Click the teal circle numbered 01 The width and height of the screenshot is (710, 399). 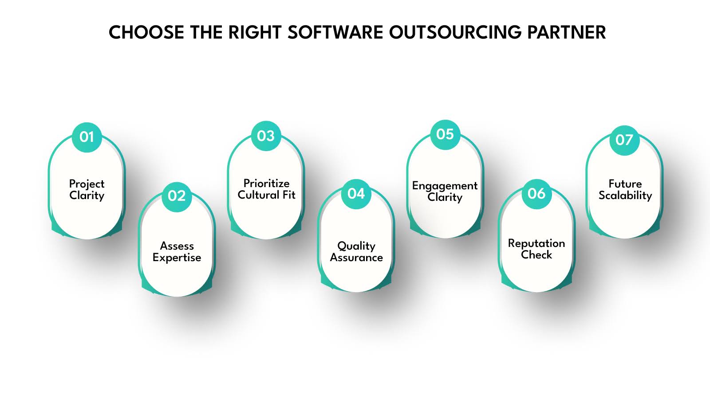pos(87,137)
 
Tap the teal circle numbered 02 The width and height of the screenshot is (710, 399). pos(177,196)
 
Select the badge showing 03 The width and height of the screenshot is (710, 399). pos(266,136)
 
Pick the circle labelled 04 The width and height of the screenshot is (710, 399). pos(356,194)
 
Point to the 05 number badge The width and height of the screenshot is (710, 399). pos(445,134)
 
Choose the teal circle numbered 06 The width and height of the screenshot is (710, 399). pos(536,194)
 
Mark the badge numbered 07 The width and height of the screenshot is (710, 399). pos(624,140)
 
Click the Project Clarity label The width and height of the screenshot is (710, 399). pos(87,190)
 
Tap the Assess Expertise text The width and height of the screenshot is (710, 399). pos(177,252)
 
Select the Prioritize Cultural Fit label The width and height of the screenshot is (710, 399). pos(266,189)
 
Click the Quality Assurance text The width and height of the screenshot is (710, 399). pos(356,252)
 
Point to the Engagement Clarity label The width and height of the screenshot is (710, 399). pos(445,192)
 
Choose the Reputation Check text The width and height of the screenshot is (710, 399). pos(536,249)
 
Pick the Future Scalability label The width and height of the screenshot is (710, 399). pos(625,190)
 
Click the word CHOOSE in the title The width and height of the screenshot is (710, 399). pos(146,32)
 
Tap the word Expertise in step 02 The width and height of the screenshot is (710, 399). pos(177,258)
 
